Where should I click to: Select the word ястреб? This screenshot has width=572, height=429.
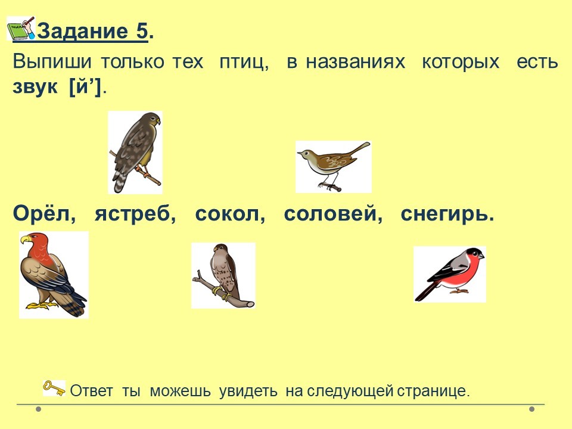(133, 214)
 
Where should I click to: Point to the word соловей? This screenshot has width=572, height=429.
(331, 214)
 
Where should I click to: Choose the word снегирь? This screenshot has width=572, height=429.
(444, 214)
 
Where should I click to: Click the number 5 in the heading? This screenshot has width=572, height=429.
(142, 31)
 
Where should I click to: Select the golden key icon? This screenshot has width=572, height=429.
(54, 388)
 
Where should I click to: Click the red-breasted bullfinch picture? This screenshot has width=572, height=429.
(450, 274)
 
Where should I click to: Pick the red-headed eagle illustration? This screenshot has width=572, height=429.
(54, 275)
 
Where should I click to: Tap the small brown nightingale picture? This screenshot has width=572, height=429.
(334, 167)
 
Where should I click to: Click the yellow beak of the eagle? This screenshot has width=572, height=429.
(25, 240)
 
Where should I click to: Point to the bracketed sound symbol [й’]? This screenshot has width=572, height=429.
(85, 87)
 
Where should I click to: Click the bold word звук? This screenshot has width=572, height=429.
(35, 88)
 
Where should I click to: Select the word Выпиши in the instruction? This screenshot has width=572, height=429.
(52, 61)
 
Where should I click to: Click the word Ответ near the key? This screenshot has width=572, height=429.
(91, 391)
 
